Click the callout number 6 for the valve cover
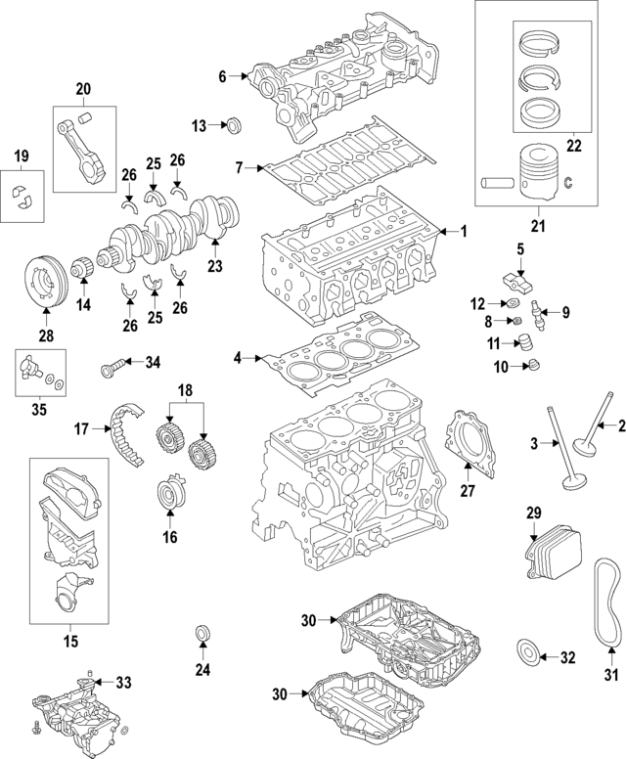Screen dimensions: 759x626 (x=222, y=76)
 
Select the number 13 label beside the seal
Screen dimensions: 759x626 (x=199, y=125)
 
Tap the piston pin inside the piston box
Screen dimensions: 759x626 (x=499, y=182)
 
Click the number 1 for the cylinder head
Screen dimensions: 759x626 (x=465, y=232)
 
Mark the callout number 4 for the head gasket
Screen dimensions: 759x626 (x=238, y=358)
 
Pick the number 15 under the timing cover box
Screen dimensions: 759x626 (x=69, y=642)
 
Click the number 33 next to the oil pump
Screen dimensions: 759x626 (x=123, y=682)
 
